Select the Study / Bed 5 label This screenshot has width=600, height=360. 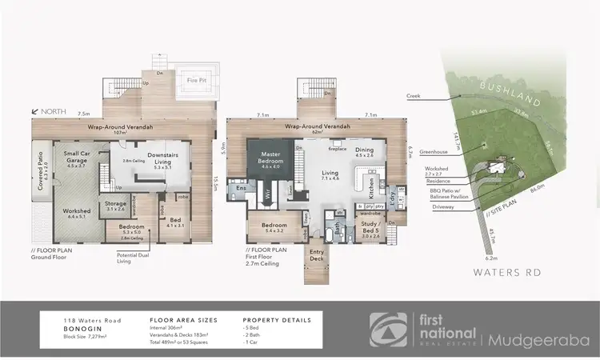(370, 233)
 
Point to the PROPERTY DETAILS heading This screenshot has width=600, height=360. (276, 319)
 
